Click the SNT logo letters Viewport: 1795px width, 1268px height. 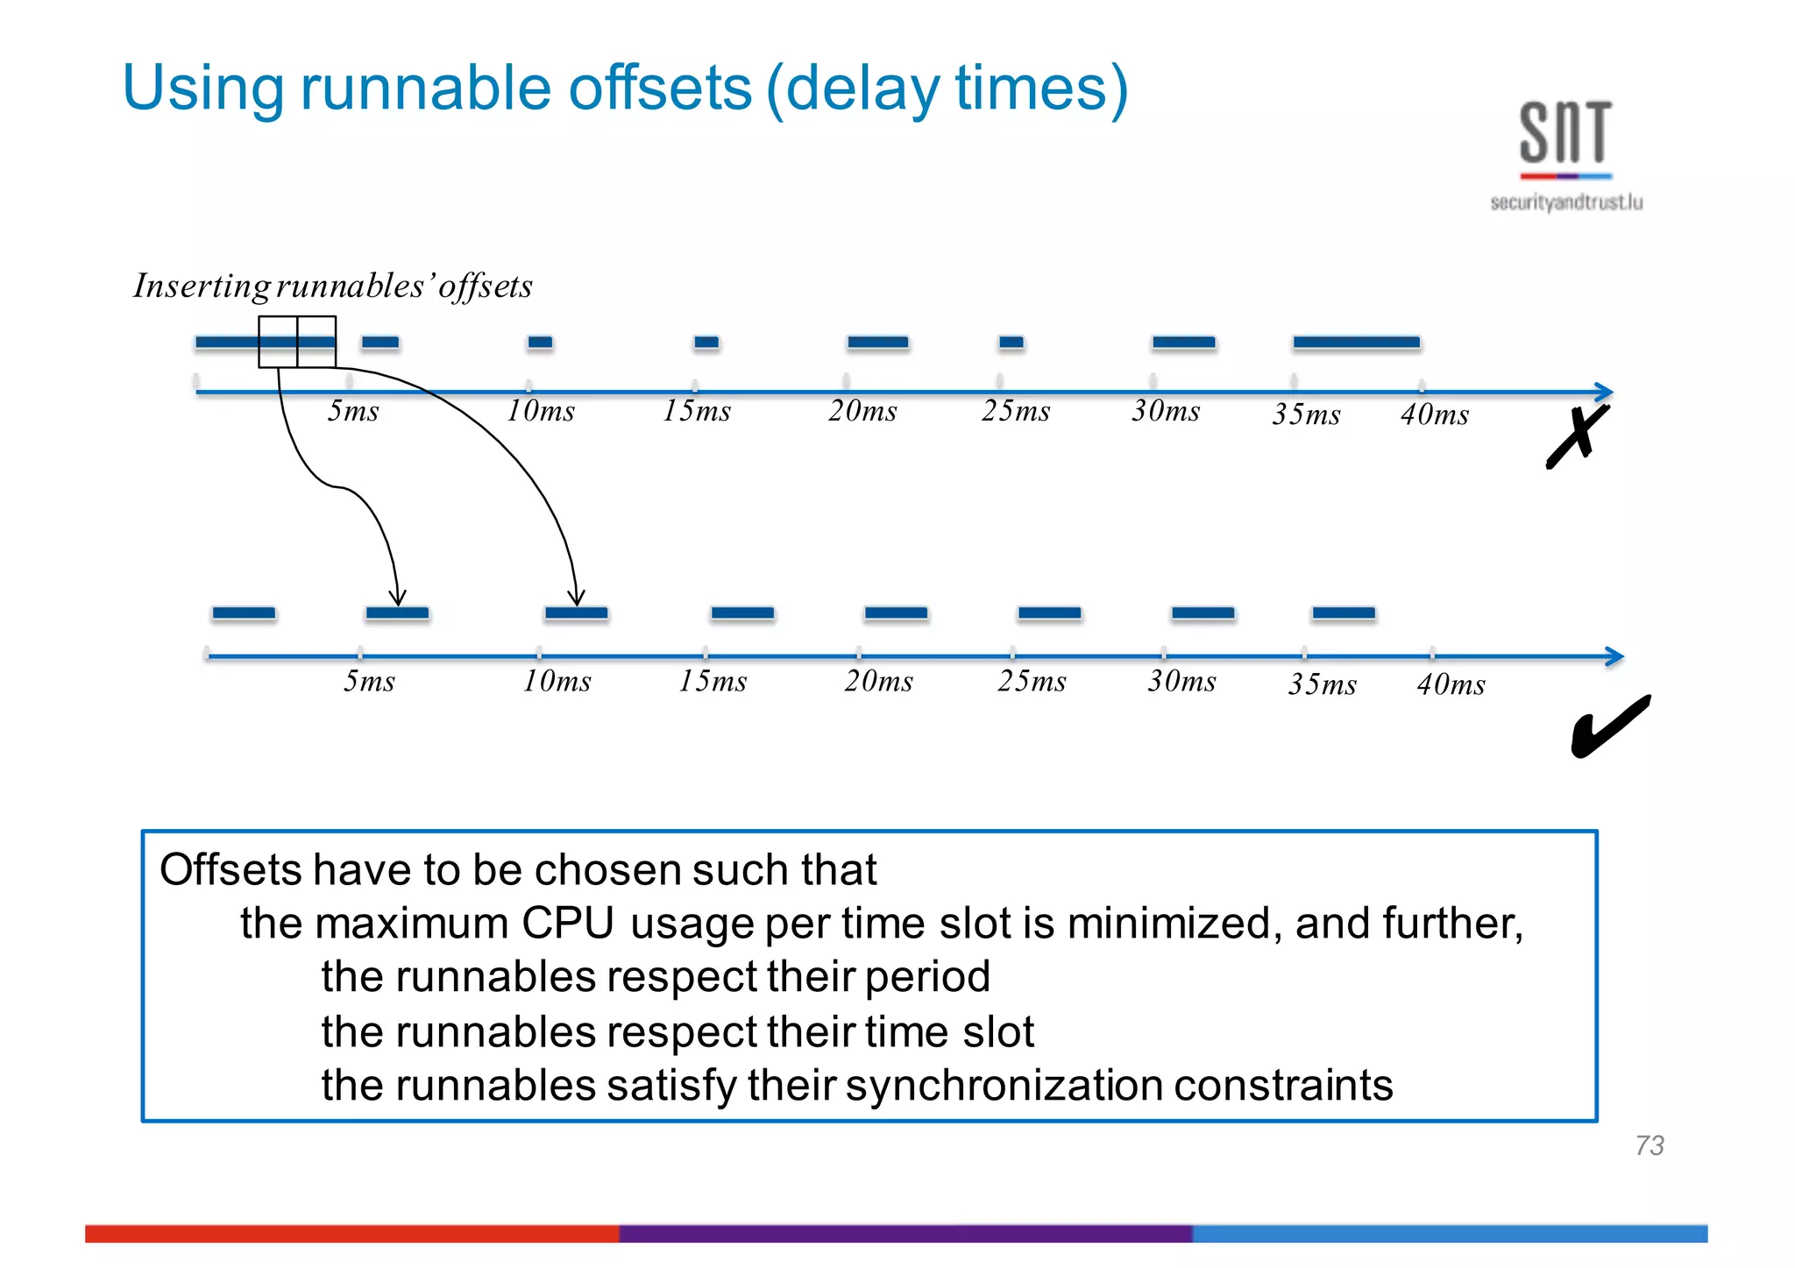(x=1565, y=133)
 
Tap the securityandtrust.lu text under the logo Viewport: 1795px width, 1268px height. (x=1566, y=203)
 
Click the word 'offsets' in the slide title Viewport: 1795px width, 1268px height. (x=660, y=89)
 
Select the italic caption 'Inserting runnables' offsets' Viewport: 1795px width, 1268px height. (x=332, y=287)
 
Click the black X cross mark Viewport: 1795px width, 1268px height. (x=1578, y=436)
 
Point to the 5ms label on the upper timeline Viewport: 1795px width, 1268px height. (x=353, y=411)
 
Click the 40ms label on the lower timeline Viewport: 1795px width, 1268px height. (x=1451, y=685)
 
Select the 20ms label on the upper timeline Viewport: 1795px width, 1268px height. (x=862, y=411)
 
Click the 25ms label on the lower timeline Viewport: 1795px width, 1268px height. (x=1032, y=682)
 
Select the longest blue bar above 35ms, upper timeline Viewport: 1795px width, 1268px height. (x=1356, y=343)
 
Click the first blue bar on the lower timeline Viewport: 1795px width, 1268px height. (x=244, y=613)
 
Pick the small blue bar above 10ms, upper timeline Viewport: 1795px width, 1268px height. (x=540, y=343)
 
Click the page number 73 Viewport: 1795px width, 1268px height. (x=1650, y=1145)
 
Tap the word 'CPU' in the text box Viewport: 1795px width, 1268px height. (x=567, y=924)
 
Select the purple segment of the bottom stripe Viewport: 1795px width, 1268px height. (x=905, y=1234)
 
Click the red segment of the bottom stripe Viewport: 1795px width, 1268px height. (x=351, y=1234)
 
